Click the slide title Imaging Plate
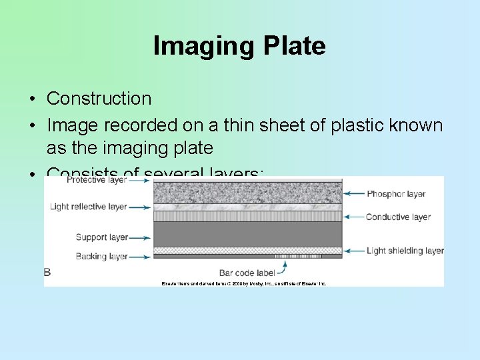[239, 46]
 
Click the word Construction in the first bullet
[99, 99]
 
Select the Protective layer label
[96, 180]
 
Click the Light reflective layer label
[88, 207]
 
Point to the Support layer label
[101, 237]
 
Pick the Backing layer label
[101, 256]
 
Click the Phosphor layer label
[396, 194]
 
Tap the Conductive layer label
[398, 217]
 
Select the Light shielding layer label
[405, 251]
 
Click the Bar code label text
[246, 273]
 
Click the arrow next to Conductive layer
[353, 217]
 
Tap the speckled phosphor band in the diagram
[247, 193]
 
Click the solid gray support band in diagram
[247, 234]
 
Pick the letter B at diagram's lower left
[47, 272]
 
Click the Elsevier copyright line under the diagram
[244, 283]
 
